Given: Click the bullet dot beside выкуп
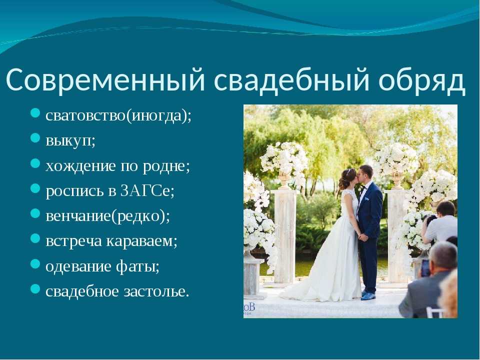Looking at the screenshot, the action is pyautogui.click(x=35, y=138).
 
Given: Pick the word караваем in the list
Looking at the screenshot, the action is pyautogui.click(x=140, y=241).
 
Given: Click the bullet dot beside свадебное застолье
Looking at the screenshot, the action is pyautogui.click(x=35, y=288).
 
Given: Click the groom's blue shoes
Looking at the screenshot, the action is pyautogui.click(x=368, y=295).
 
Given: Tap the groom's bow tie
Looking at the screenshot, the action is pyautogui.click(x=363, y=188).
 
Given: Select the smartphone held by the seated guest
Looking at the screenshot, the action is pyautogui.click(x=425, y=267).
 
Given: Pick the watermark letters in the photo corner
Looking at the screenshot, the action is pyautogui.click(x=249, y=308).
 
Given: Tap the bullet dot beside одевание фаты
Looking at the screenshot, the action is pyautogui.click(x=35, y=263).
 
